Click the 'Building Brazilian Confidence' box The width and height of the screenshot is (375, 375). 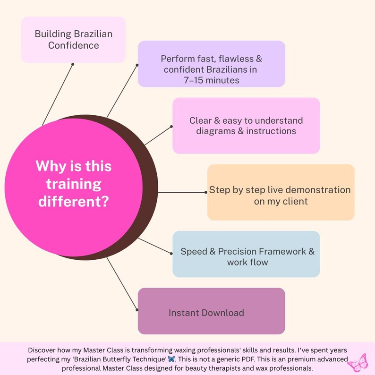73,40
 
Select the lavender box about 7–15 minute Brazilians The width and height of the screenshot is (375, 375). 212,64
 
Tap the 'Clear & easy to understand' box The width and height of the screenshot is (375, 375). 246,126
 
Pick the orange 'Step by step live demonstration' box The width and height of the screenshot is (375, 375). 281,192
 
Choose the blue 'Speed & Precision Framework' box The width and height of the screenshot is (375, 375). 246,254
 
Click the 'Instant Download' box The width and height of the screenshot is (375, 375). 212,311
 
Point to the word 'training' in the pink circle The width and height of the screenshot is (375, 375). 74,184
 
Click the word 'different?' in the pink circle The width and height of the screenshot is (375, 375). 74,201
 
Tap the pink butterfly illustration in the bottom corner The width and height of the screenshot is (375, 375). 358,363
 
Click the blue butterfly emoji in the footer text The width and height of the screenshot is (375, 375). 171,359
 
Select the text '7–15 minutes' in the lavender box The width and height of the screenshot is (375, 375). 212,80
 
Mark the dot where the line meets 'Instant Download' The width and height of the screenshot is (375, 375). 137,310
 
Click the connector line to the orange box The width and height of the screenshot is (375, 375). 182,192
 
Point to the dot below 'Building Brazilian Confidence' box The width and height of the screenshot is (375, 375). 73,64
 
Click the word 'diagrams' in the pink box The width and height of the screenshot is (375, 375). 216,131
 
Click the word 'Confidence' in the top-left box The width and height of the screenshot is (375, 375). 73,45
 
